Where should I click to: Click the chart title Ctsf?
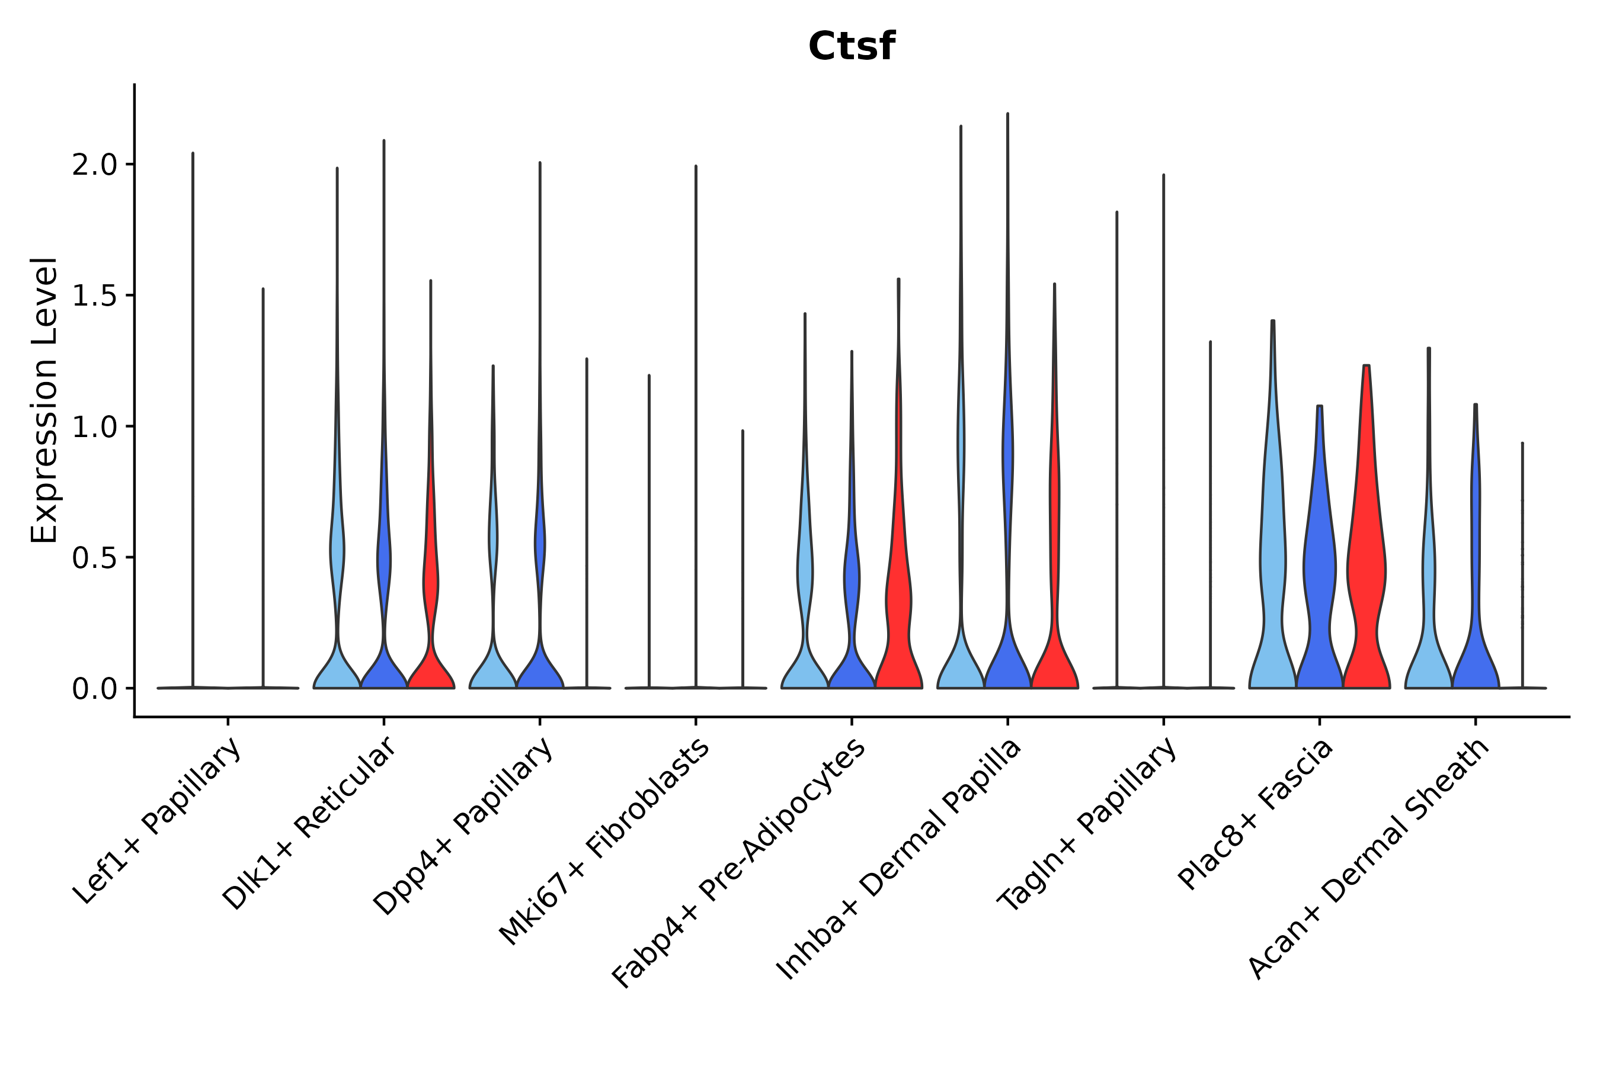pyautogui.click(x=851, y=47)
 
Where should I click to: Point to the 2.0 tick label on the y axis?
pyautogui.click(x=95, y=165)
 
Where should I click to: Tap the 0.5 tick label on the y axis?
pyautogui.click(x=95, y=558)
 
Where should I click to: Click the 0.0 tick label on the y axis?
pyautogui.click(x=95, y=689)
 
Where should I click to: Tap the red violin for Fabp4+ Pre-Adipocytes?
pyautogui.click(x=898, y=612)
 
